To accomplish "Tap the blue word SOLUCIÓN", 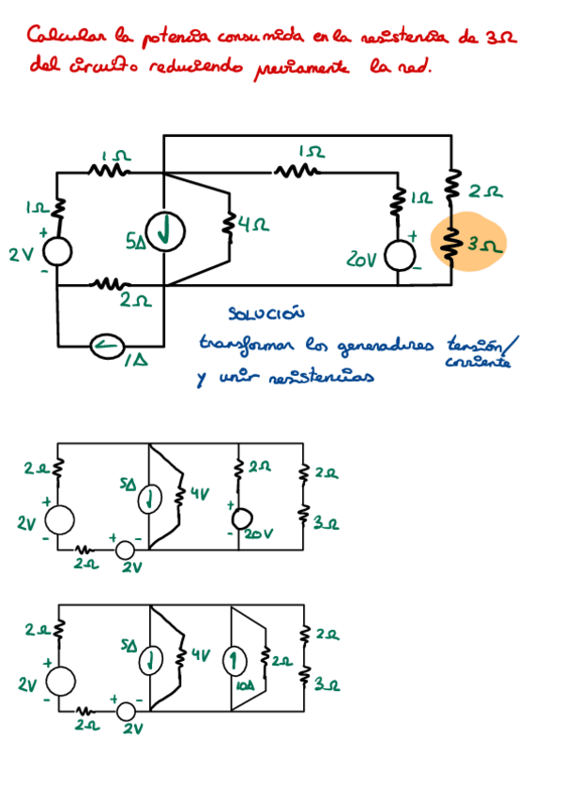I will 266,313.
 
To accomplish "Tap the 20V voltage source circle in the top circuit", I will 401,255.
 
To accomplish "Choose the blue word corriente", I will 478,363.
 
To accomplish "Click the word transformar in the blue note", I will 242,344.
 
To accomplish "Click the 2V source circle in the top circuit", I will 56,251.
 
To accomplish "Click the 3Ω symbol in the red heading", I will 503,37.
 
